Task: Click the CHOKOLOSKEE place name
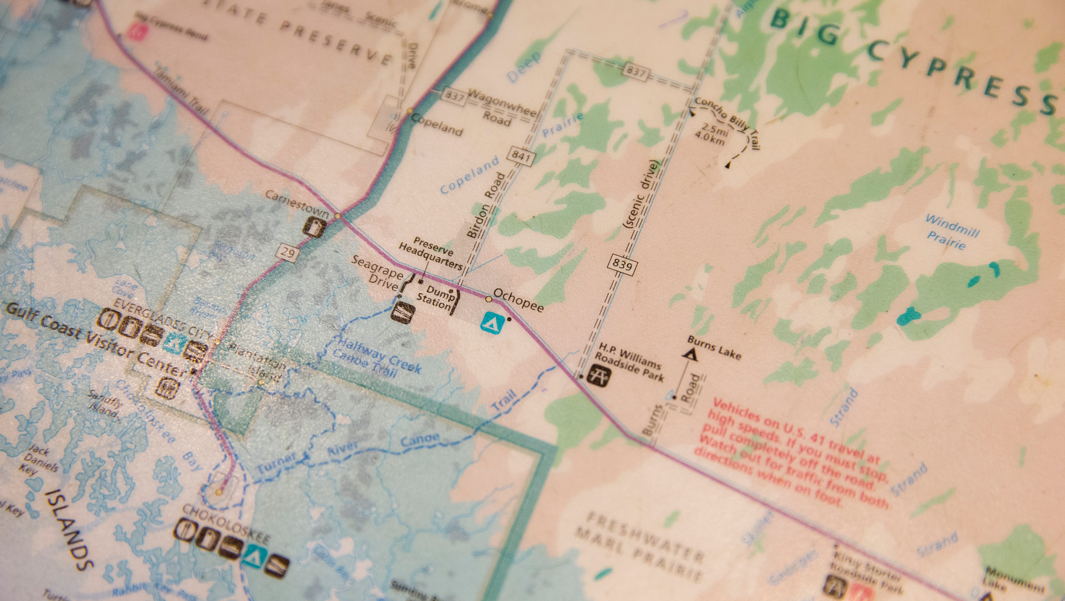(225, 523)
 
